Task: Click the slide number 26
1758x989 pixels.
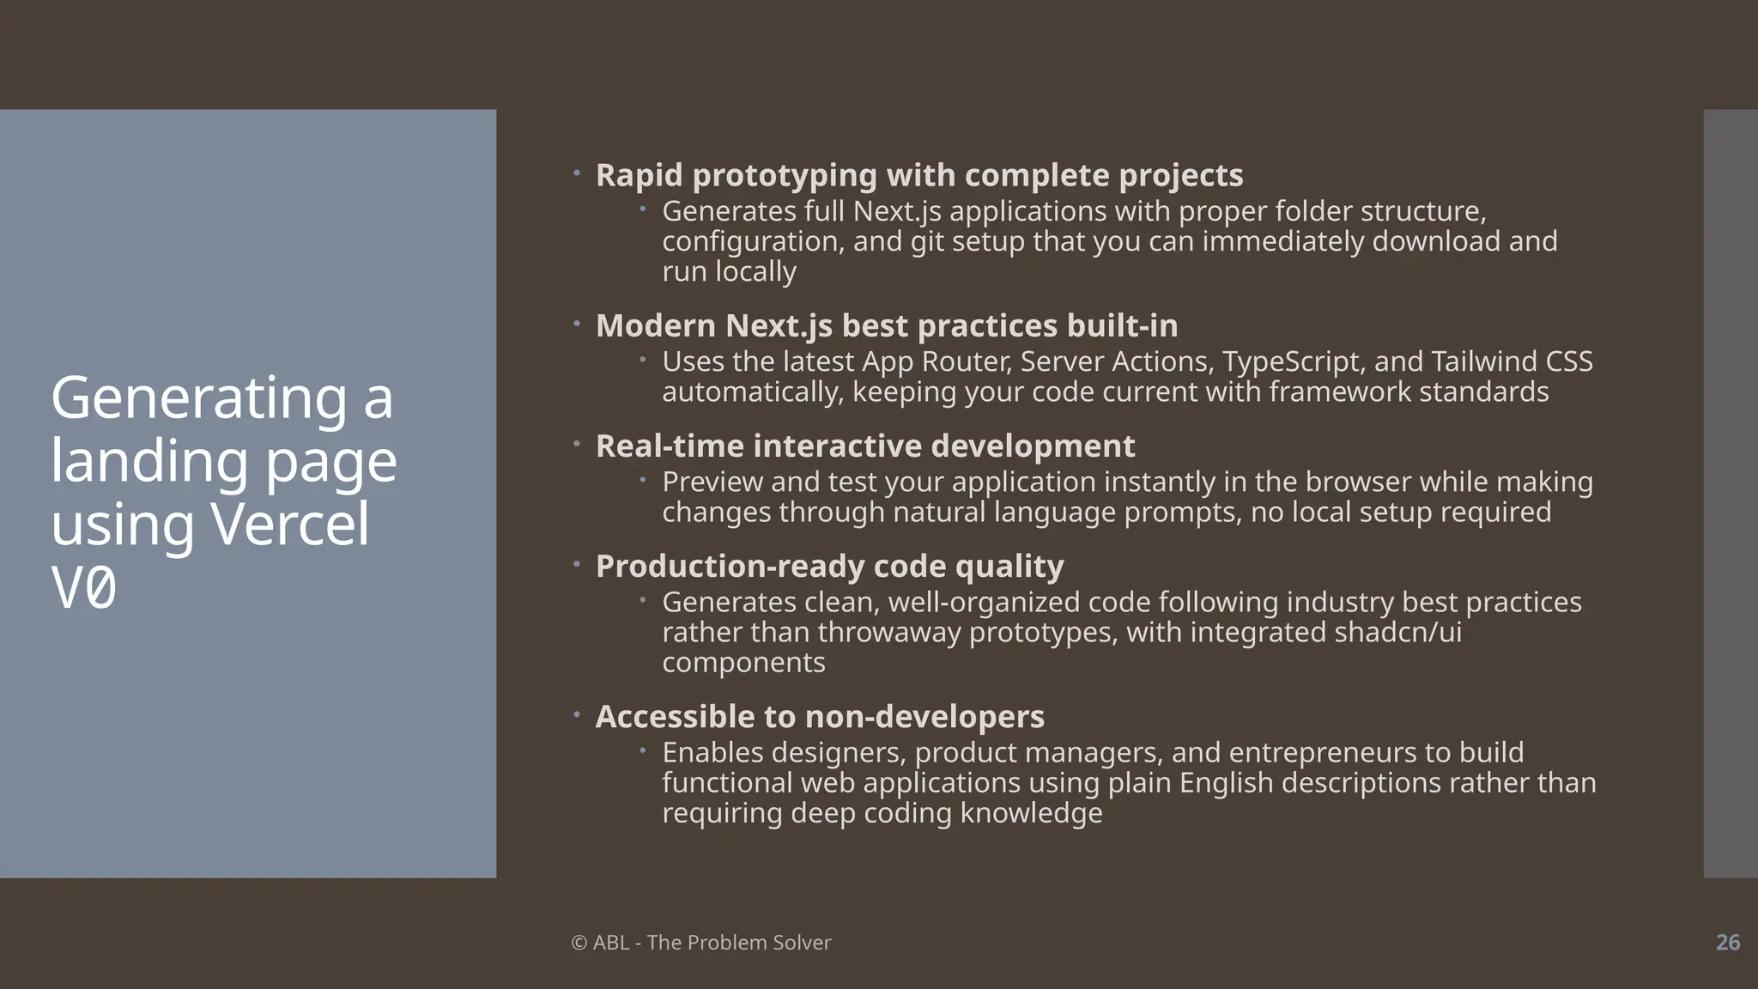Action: (1727, 943)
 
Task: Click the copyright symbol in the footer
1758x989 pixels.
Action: (579, 943)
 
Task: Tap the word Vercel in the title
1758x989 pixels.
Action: (289, 524)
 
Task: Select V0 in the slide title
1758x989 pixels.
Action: (83, 589)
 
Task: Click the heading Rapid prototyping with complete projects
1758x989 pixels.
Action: (918, 175)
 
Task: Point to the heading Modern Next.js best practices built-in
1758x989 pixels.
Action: (886, 326)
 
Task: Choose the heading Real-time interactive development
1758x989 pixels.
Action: (864, 446)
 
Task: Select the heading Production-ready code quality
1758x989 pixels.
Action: (829, 567)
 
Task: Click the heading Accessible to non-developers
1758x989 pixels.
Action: (819, 717)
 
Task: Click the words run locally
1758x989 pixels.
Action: (729, 271)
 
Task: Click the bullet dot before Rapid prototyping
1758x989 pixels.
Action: (577, 173)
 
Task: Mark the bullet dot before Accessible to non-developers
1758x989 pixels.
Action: (577, 713)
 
